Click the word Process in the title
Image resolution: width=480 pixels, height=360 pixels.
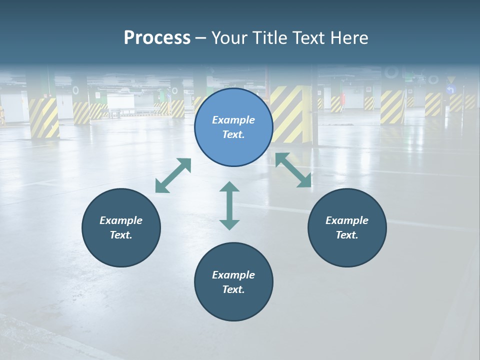coord(157,38)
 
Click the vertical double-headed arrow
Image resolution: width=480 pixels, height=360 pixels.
coord(229,205)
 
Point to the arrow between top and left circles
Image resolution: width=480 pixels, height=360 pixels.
coord(173,175)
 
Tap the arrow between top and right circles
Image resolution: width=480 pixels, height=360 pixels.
coord(293,170)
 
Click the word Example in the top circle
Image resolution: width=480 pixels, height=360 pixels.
coord(233,120)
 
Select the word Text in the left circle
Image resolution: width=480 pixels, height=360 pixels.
coord(120,235)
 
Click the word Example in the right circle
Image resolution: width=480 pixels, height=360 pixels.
coord(347,220)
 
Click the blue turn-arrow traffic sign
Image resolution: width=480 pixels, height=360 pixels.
coord(451,90)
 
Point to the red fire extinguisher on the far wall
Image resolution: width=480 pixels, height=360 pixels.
coord(343,97)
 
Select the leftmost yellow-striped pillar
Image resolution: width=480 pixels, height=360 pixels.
coord(44,117)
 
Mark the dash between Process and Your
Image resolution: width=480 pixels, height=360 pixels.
coord(200,38)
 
